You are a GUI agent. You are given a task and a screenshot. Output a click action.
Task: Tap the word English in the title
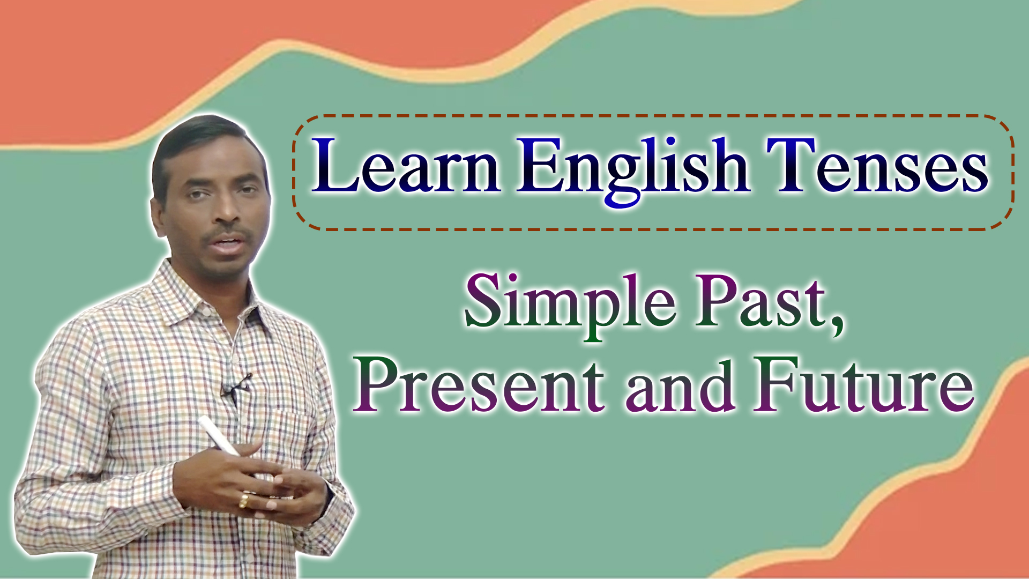[x=633, y=169]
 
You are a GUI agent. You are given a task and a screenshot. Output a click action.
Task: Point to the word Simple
[x=570, y=305]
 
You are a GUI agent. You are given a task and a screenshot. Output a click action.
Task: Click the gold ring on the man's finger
[x=244, y=501]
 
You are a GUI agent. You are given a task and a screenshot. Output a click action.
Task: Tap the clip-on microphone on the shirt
[x=234, y=387]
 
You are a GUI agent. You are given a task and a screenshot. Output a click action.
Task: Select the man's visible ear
[x=158, y=217]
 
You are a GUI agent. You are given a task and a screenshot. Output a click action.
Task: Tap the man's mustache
[x=228, y=234]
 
